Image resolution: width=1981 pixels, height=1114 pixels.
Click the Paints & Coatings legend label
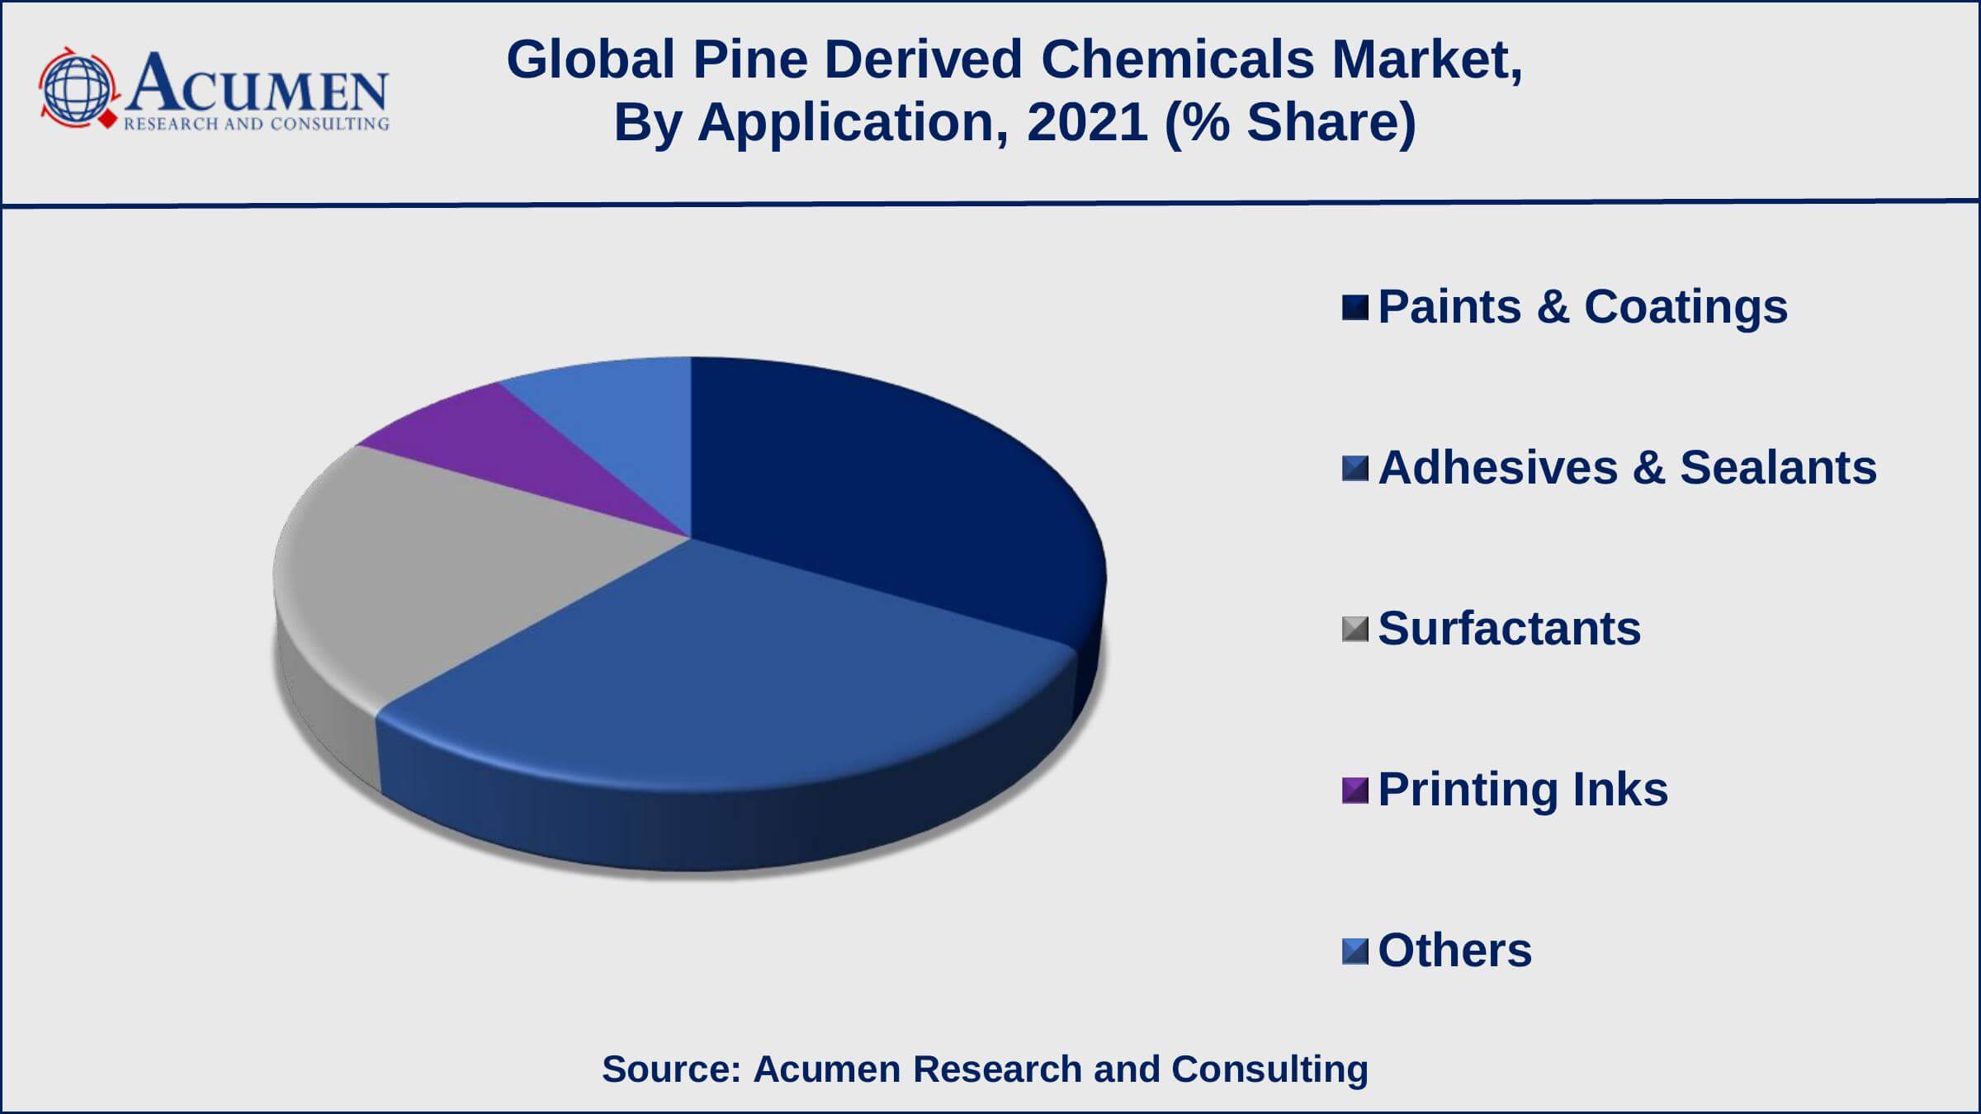[1582, 307]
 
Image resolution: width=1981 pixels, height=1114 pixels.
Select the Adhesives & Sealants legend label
[1627, 468]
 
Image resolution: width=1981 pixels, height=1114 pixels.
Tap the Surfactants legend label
[1509, 629]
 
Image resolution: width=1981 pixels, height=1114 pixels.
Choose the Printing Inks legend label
[1523, 790]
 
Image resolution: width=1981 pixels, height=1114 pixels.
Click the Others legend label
[1454, 951]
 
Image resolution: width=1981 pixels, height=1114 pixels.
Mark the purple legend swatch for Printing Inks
[1355, 790]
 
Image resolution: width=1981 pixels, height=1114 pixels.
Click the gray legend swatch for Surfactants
[1355, 629]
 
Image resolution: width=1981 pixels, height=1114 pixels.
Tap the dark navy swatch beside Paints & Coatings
[1355, 307]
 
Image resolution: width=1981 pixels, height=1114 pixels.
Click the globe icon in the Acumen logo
[77, 89]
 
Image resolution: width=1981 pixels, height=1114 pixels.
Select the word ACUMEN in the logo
[256, 84]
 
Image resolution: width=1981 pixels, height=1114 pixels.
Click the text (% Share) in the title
[1290, 123]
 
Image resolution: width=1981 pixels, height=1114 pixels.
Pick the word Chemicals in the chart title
[1177, 60]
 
